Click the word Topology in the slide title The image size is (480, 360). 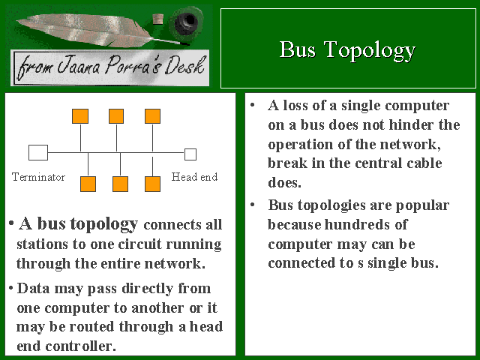[x=370, y=50]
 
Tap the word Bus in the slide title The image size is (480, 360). [x=298, y=49]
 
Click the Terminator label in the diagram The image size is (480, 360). [x=38, y=177]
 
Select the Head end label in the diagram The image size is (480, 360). [x=195, y=177]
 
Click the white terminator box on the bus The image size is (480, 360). [x=38, y=152]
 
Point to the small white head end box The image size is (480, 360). [x=190, y=154]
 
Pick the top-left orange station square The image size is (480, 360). [x=80, y=116]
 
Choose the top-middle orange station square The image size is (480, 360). [x=116, y=116]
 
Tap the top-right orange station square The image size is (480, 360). [x=153, y=116]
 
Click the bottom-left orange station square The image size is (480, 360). [x=88, y=184]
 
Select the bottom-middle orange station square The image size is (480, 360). [x=120, y=184]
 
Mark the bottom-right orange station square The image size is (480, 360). [x=152, y=184]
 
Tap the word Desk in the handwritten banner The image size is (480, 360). [x=184, y=65]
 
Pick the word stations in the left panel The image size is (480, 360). [x=42, y=244]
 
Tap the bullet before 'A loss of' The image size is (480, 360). [x=253, y=105]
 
